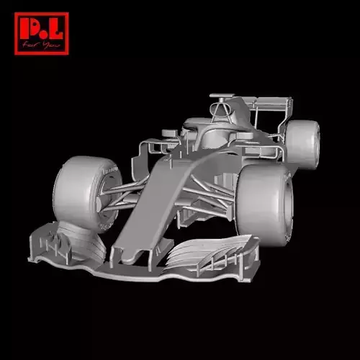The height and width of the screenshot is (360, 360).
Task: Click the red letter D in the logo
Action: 30,30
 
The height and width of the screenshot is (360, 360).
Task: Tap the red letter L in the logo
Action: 56,30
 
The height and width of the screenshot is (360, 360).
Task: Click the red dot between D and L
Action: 44,36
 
